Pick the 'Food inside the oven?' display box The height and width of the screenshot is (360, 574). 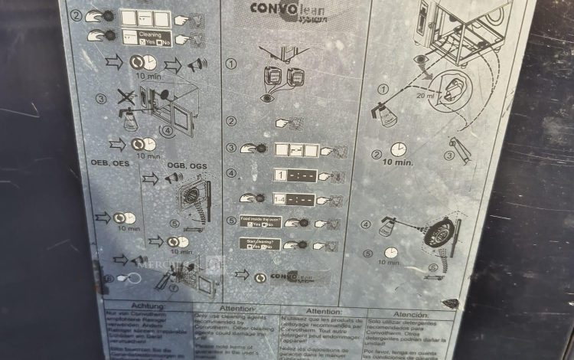click(x=259, y=222)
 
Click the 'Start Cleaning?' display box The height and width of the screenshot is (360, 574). click(x=259, y=245)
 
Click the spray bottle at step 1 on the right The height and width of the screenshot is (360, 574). click(x=385, y=113)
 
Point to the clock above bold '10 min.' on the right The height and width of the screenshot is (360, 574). click(x=399, y=149)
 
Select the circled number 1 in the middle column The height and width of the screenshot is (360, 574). click(x=231, y=64)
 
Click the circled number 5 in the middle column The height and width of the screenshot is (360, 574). click(x=232, y=221)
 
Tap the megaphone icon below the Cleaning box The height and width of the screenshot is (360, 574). click(x=197, y=64)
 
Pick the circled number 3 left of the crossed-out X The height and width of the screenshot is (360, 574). click(x=101, y=99)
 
